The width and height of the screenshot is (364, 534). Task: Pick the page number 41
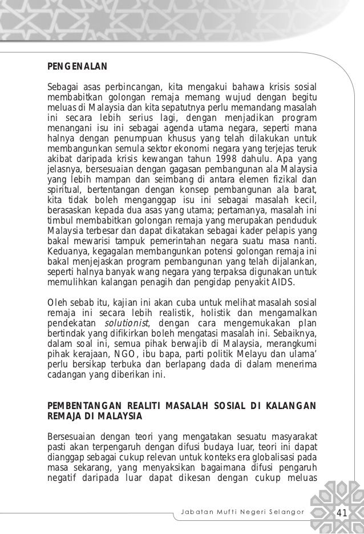pyautogui.click(x=342, y=512)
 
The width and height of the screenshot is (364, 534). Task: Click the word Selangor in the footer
pyautogui.click(x=289, y=512)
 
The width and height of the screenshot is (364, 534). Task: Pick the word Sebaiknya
pyautogui.click(x=292, y=334)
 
